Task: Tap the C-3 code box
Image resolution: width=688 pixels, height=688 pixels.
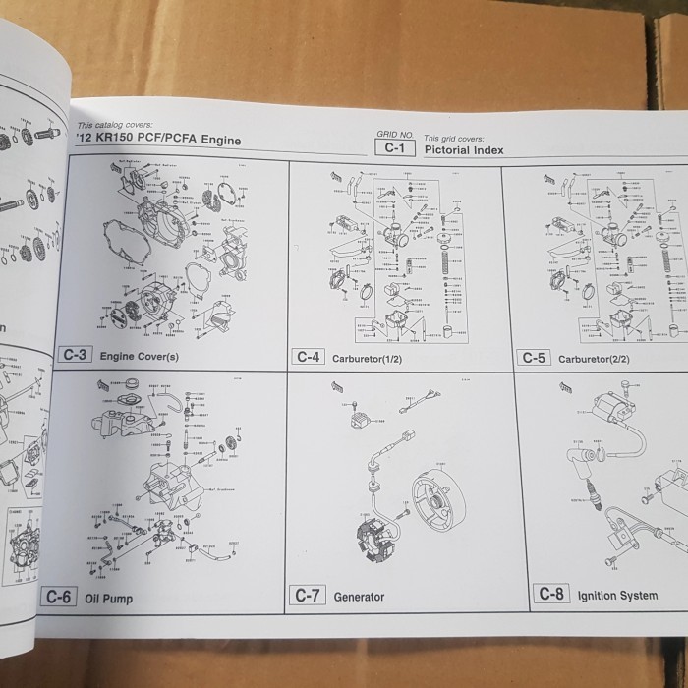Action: coord(77,356)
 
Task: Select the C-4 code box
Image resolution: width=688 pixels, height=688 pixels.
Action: coord(309,357)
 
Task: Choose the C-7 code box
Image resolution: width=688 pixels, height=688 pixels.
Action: coord(309,596)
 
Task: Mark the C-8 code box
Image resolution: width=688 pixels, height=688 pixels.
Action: coord(549,595)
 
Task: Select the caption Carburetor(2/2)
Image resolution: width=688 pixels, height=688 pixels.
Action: coord(594,359)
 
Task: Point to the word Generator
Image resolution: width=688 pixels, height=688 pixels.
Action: coord(359,597)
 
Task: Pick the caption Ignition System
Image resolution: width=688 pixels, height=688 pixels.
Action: coord(617,596)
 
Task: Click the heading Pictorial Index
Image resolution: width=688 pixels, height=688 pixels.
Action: coord(463,150)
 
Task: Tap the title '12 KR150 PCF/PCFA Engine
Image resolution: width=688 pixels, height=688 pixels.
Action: coord(157,141)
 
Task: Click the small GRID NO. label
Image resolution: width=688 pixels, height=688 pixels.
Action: coord(393,133)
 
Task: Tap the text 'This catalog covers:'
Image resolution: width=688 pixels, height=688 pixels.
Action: coord(111,126)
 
